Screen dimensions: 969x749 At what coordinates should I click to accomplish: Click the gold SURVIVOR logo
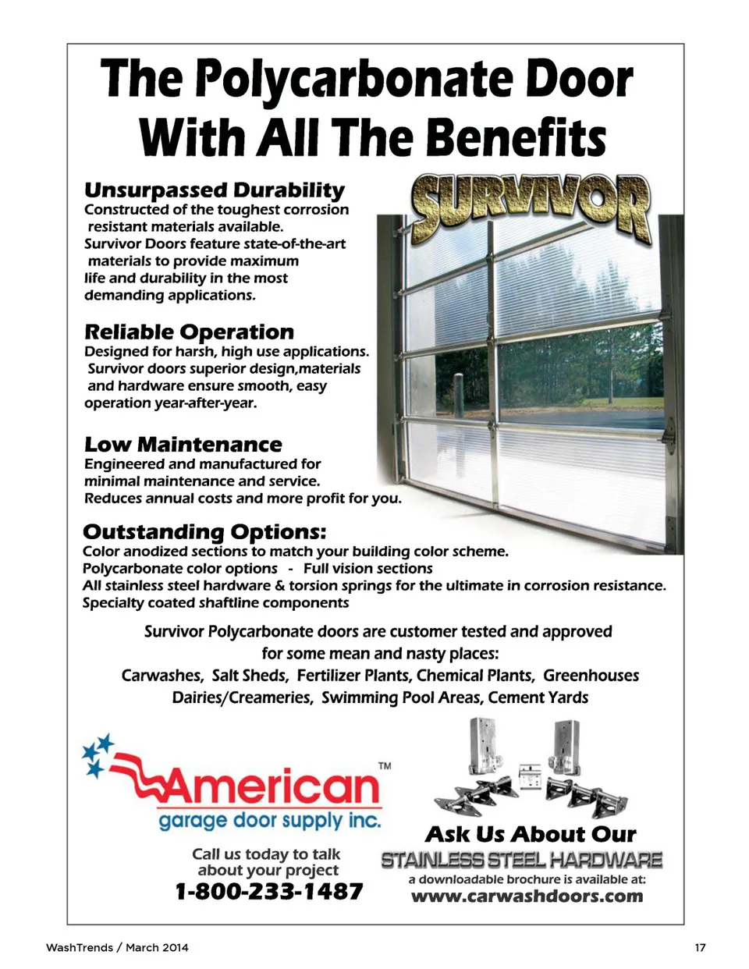click(x=531, y=206)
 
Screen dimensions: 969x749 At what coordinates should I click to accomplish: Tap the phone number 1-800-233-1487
click(x=268, y=891)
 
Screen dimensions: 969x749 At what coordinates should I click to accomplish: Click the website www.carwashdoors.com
click(x=527, y=896)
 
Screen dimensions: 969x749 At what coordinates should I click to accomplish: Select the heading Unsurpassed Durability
click(x=214, y=190)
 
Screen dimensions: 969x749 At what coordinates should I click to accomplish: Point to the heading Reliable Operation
click(x=189, y=332)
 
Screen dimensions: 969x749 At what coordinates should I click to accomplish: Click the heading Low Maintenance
click(x=183, y=445)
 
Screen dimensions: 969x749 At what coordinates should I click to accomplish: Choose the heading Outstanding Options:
click(x=204, y=532)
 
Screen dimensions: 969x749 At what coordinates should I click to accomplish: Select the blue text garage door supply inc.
click(x=269, y=821)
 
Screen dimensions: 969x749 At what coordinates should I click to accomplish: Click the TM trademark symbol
click(x=385, y=766)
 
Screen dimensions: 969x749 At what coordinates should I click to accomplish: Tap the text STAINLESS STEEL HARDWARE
click(x=521, y=861)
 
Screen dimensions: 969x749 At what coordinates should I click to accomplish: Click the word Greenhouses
click(x=591, y=676)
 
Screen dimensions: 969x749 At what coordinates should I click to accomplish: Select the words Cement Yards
click(x=538, y=697)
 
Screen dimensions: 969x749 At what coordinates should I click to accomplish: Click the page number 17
click(x=700, y=947)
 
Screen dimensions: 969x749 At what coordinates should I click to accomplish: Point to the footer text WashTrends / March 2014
click(x=117, y=947)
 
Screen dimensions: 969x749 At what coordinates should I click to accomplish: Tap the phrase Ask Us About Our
click(x=531, y=834)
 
